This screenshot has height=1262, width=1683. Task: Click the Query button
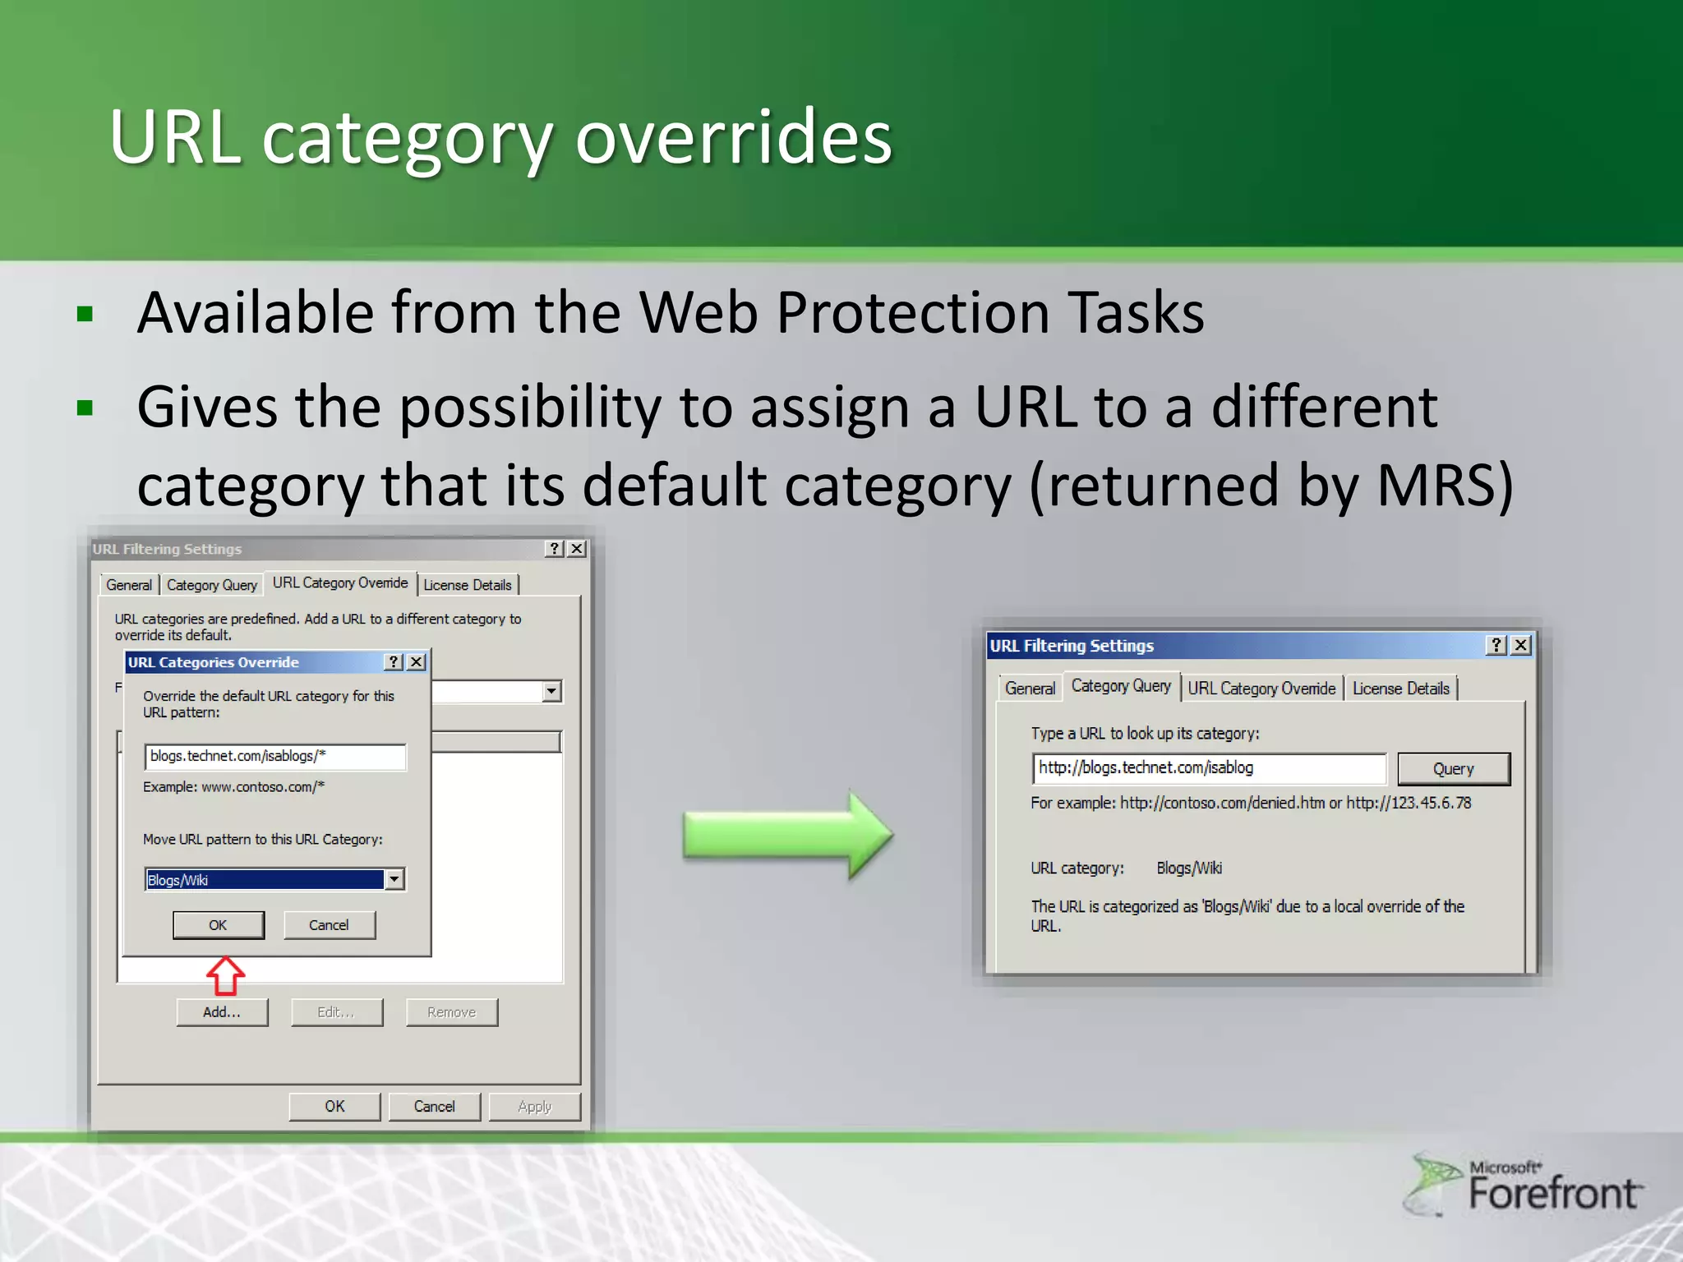coord(1453,769)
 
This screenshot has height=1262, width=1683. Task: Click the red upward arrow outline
coord(225,975)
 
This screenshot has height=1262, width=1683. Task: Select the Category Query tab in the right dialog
coord(1121,686)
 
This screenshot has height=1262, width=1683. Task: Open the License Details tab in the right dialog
coord(1400,689)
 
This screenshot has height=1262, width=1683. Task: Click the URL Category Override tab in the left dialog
coord(339,583)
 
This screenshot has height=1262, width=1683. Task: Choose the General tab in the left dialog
coord(129,585)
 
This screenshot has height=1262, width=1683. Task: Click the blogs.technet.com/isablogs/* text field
coord(274,757)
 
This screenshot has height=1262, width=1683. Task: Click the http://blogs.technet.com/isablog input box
coord(1208,768)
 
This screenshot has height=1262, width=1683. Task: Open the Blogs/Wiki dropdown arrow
coord(394,880)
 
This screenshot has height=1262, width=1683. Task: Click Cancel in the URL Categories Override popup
coord(329,925)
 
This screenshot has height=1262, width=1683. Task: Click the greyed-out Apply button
coord(534,1107)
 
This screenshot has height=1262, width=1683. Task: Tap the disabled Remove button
coord(451,1012)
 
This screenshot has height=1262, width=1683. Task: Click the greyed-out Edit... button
coord(336,1012)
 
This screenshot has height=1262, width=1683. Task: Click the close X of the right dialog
coord(1521,645)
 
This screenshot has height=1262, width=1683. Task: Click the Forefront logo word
coord(1552,1194)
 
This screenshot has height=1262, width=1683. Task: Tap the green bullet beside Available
coord(85,314)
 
